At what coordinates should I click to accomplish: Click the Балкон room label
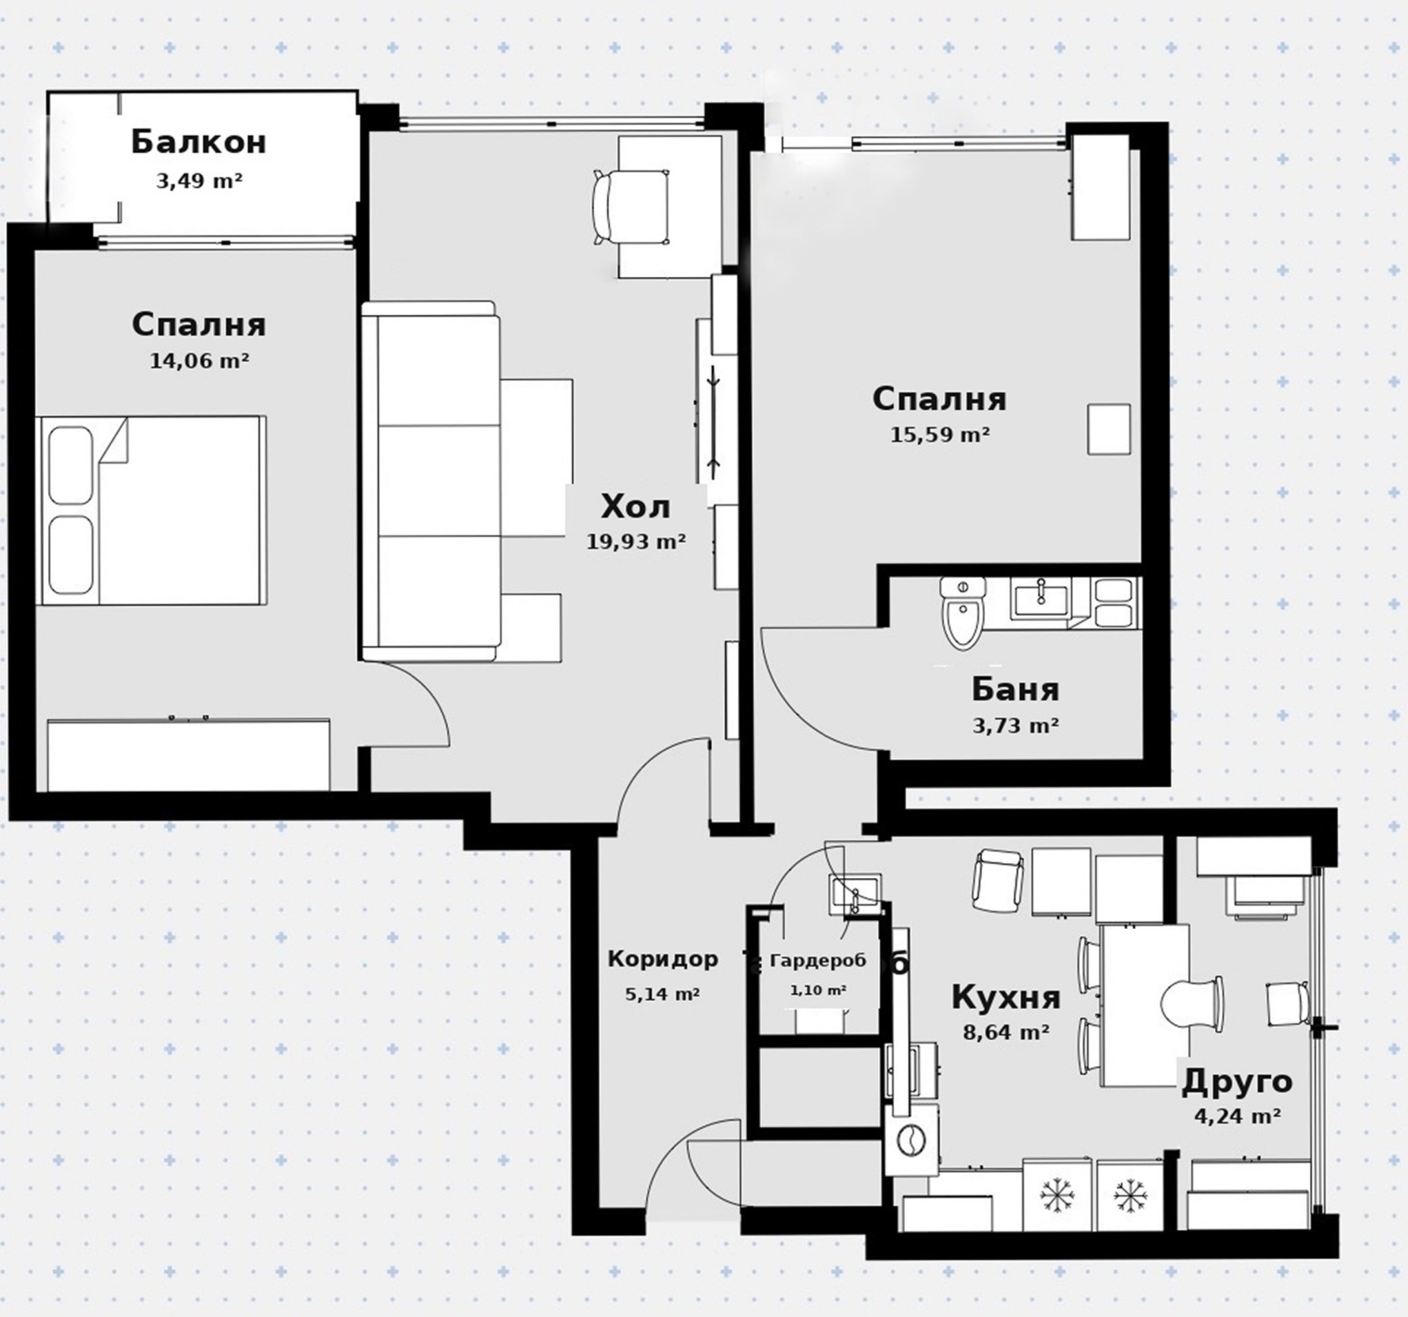click(x=199, y=142)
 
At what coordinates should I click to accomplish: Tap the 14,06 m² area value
click(x=200, y=360)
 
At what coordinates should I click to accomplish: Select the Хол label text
click(x=635, y=507)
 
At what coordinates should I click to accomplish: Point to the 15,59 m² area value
click(x=941, y=434)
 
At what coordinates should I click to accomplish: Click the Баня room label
click(x=1016, y=689)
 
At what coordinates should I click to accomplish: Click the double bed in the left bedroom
click(x=151, y=510)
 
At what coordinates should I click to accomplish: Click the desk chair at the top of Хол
click(x=631, y=208)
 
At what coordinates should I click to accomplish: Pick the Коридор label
click(x=663, y=958)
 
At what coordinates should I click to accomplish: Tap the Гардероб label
click(x=818, y=961)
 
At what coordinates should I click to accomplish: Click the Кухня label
click(x=1006, y=998)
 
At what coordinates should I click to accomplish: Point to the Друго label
click(x=1236, y=1081)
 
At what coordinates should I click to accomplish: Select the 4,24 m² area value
click(x=1236, y=1116)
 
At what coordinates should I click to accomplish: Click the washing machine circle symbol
click(x=906, y=1140)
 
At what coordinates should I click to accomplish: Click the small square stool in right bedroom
click(x=1109, y=429)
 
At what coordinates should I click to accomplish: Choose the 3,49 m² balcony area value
click(x=199, y=181)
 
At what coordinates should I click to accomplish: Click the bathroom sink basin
click(x=1040, y=600)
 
